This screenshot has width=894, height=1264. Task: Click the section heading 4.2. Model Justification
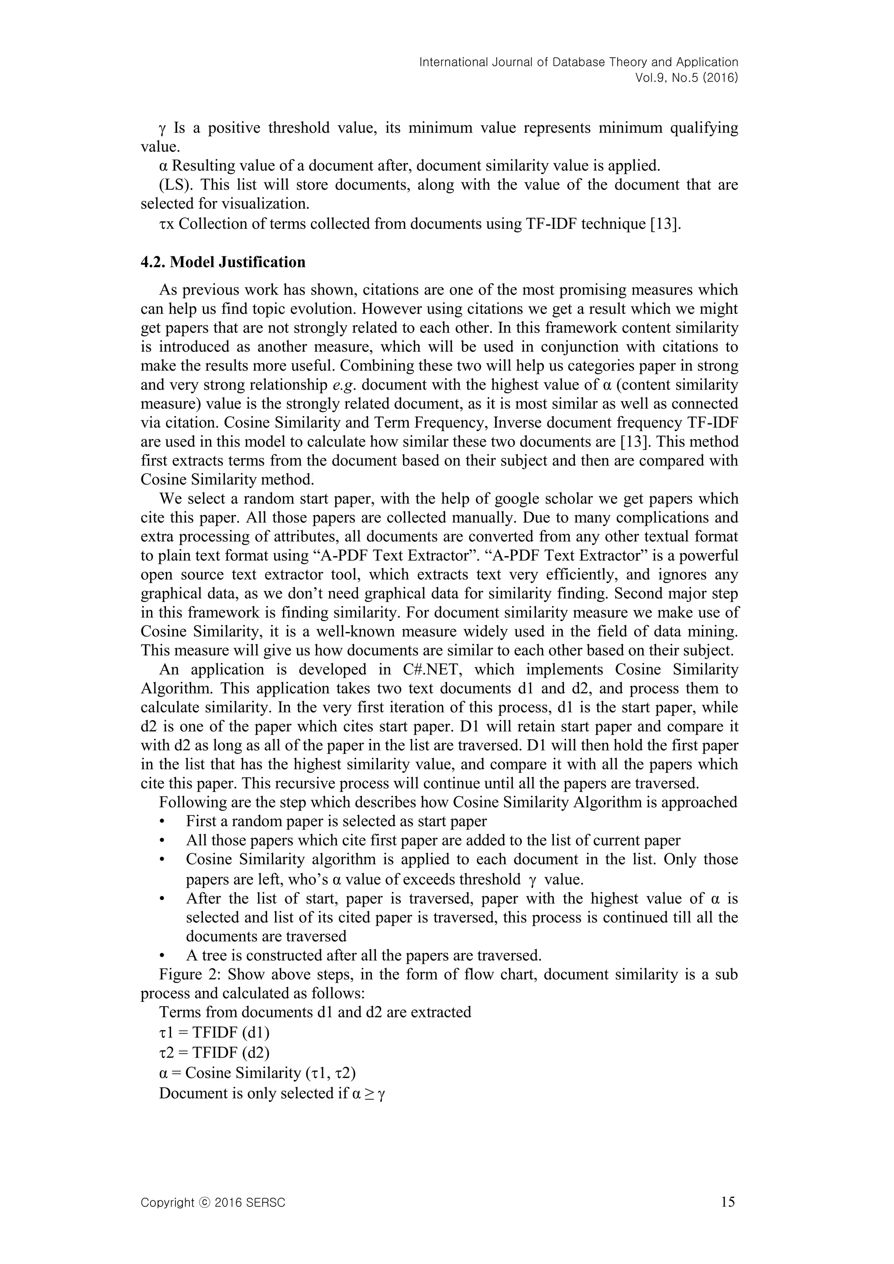[223, 262]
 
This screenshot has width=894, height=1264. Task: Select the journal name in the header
[578, 62]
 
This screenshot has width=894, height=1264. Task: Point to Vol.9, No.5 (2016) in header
[687, 78]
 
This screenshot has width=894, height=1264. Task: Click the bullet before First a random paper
[162, 822]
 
